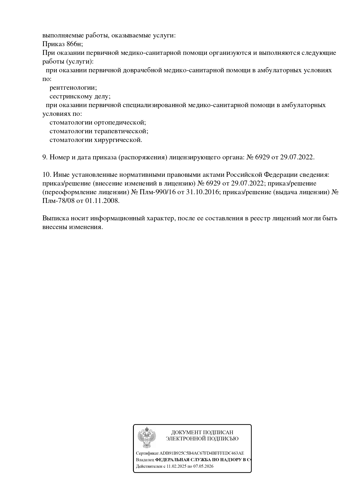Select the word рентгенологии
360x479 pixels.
pos(73,87)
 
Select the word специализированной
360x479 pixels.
pos(154,105)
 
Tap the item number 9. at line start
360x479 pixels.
pos(45,157)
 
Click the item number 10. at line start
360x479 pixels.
pos(47,174)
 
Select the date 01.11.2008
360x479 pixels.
pos(102,201)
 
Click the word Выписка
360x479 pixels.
pos(55,218)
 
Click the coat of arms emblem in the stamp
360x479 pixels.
pos(147,437)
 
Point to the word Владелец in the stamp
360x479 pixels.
pos(145,460)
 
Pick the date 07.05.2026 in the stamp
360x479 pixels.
pos(203,466)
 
